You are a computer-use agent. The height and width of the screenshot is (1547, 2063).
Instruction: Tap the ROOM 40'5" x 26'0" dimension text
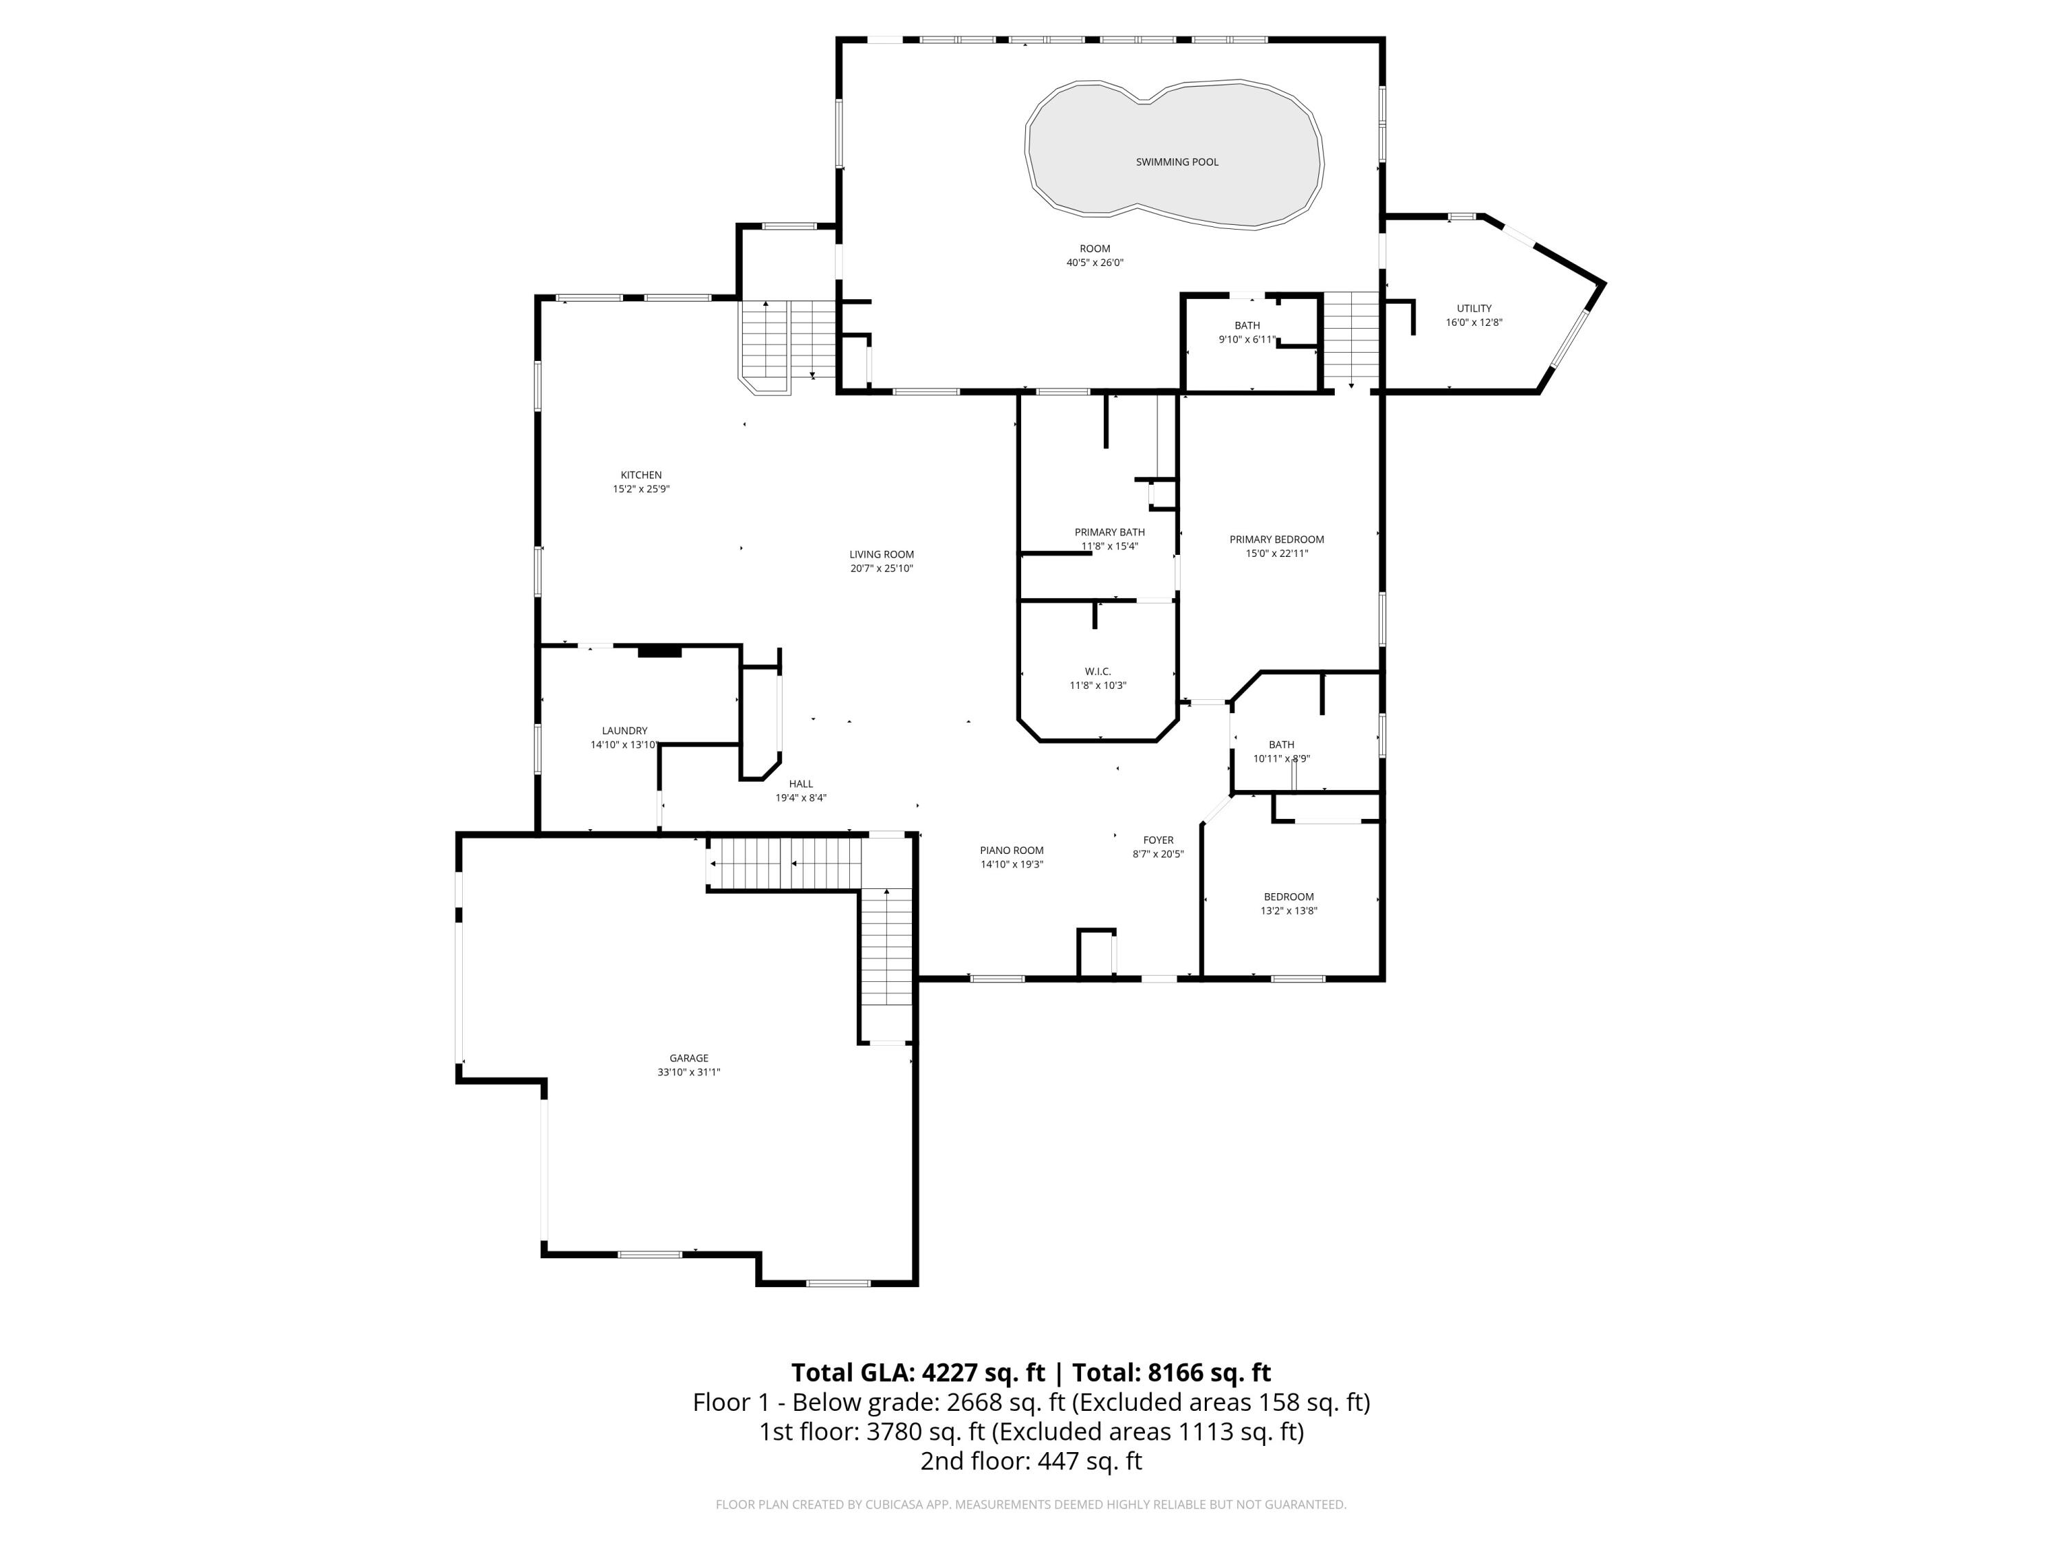pyautogui.click(x=1095, y=263)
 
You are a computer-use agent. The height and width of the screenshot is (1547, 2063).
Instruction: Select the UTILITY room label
pyautogui.click(x=1474, y=309)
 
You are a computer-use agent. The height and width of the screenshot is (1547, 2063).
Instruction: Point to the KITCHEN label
pyautogui.click(x=641, y=476)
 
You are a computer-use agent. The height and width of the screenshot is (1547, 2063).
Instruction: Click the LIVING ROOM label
pyautogui.click(x=882, y=555)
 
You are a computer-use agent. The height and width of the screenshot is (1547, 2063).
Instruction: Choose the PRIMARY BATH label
pyautogui.click(x=1109, y=532)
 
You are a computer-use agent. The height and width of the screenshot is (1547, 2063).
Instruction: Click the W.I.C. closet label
pyautogui.click(x=1098, y=671)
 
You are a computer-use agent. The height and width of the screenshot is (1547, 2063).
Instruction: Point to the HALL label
pyautogui.click(x=800, y=785)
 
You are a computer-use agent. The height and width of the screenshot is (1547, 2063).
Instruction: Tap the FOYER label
pyautogui.click(x=1158, y=840)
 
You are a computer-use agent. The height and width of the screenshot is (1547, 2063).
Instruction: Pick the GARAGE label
pyautogui.click(x=688, y=1058)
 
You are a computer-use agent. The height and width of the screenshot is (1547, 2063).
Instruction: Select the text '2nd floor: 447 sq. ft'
pyautogui.click(x=1031, y=1461)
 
